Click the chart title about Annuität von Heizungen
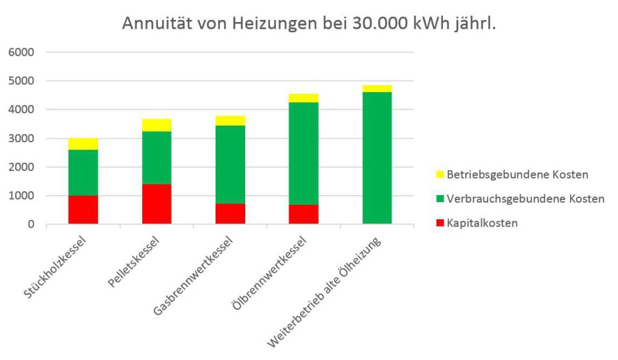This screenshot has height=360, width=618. coord(309,23)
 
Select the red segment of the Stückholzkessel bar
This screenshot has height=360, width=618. coord(83,210)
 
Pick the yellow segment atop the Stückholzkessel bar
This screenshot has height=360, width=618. coord(83,144)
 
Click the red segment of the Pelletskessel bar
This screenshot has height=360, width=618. coord(157,204)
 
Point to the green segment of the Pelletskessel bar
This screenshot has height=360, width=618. coord(157,157)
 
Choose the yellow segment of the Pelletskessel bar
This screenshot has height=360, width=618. coord(157,124)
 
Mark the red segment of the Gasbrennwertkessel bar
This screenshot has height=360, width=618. coord(230,214)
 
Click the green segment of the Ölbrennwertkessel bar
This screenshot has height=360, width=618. coord(304,153)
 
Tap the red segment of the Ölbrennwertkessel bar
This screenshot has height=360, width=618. coord(304,214)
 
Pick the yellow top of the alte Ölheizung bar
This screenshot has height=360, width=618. coord(377,88)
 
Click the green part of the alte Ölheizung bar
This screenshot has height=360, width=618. coord(377,158)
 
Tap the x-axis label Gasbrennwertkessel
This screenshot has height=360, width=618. coord(199,275)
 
